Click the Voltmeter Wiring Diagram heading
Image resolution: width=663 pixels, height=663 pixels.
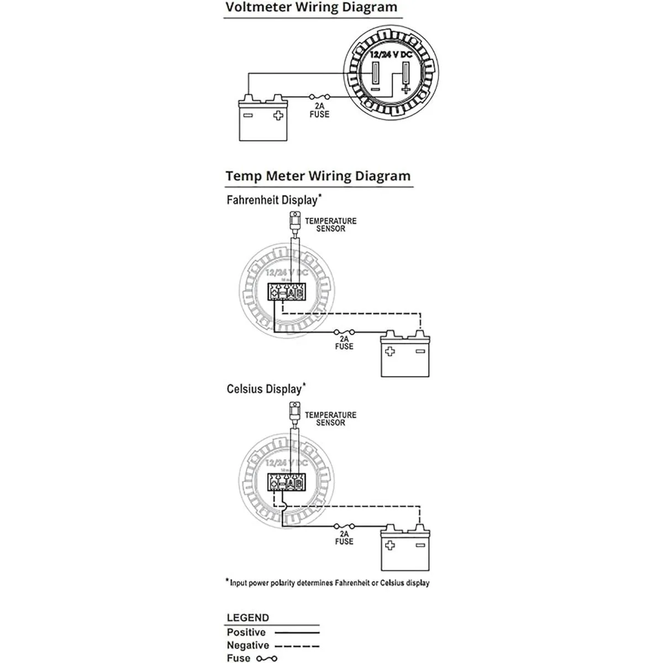point(311,8)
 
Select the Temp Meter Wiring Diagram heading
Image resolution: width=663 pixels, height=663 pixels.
point(318,176)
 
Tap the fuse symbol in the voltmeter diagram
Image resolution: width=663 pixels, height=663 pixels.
point(319,97)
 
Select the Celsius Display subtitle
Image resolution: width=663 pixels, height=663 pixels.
point(265,389)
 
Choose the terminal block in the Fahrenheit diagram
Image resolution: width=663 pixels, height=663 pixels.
point(286,291)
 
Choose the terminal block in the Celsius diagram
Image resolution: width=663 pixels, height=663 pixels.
point(286,482)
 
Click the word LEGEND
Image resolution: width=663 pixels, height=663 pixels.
point(248,618)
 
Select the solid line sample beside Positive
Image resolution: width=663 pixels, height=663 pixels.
point(297,633)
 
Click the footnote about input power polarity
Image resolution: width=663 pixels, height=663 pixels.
point(328,582)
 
